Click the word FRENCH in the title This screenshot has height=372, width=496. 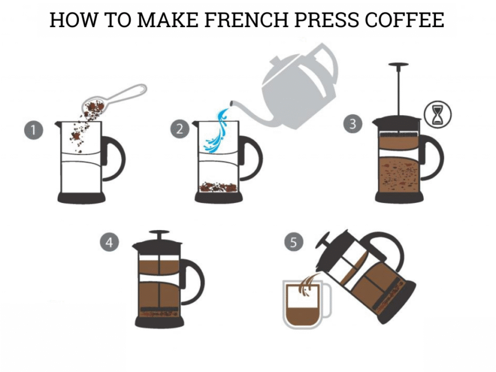[246, 20]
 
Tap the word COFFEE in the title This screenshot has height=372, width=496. [404, 20]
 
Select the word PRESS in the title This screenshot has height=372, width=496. [326, 20]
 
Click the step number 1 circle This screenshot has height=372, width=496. [33, 130]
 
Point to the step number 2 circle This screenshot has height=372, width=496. [180, 129]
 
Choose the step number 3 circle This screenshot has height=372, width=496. [353, 123]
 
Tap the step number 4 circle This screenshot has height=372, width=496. [110, 242]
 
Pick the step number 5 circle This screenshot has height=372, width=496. [294, 242]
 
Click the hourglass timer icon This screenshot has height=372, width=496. [438, 115]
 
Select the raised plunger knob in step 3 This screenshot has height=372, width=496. [399, 65]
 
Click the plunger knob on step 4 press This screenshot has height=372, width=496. [159, 232]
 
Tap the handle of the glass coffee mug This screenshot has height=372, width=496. [328, 300]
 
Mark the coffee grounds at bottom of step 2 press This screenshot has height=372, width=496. [218, 187]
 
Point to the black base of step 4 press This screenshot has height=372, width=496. [159, 322]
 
